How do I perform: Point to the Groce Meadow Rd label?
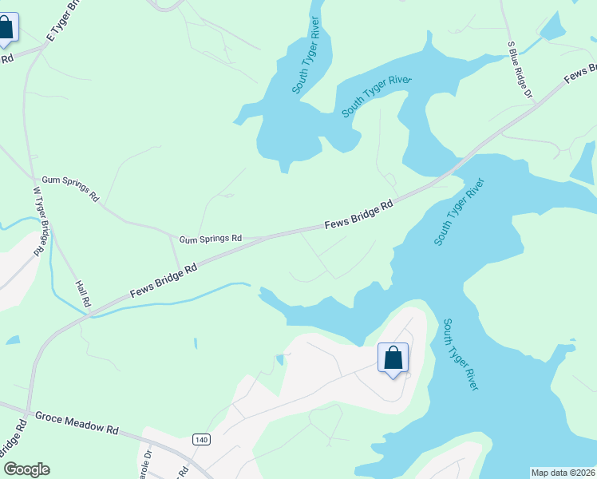tap(77, 422)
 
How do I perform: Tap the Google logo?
tap(26, 469)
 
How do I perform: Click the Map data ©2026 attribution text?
tap(563, 473)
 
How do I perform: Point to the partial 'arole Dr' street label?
tap(146, 462)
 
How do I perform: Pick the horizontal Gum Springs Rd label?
tap(210, 239)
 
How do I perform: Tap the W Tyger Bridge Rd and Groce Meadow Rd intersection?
tap(29, 410)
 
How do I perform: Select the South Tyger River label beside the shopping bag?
tap(461, 354)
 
